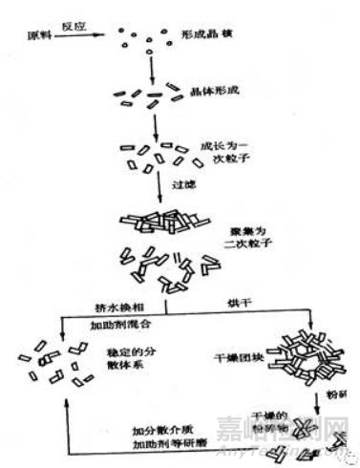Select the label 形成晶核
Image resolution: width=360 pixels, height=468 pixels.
click(x=202, y=33)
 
